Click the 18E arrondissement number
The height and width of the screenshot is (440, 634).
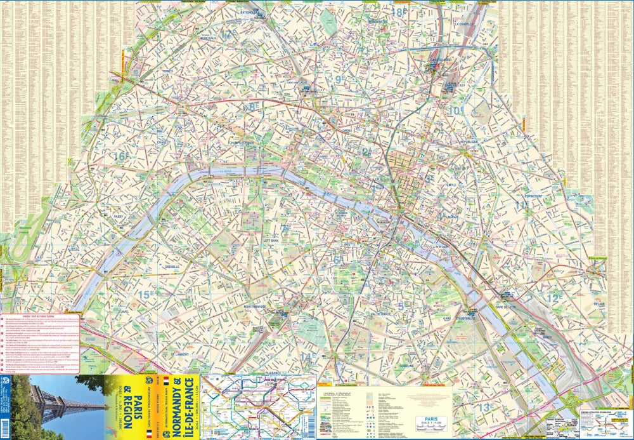point(398,11)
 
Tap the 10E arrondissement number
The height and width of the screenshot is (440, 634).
point(456,110)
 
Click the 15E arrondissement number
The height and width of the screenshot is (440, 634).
point(146,294)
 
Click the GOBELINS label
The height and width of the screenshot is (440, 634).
point(406,366)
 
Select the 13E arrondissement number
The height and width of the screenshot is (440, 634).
point(486,406)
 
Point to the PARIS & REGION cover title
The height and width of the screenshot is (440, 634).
point(127,406)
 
